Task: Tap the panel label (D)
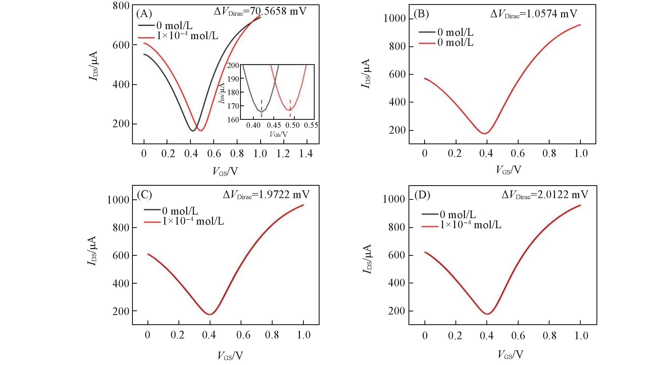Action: (x=422, y=196)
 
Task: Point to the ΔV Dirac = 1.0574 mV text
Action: (x=534, y=14)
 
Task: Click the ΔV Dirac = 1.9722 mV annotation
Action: (x=266, y=195)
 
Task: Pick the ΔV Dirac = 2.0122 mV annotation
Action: (x=545, y=195)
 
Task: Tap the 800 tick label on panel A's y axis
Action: (x=121, y=6)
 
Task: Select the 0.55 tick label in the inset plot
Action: (x=311, y=125)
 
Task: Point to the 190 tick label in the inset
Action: (x=233, y=79)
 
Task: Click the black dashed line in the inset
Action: (x=261, y=108)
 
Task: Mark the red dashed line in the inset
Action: (x=290, y=108)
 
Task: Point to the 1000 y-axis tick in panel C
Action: (x=118, y=200)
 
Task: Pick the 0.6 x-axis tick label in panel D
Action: (x=518, y=336)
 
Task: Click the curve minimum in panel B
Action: (x=485, y=133)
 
